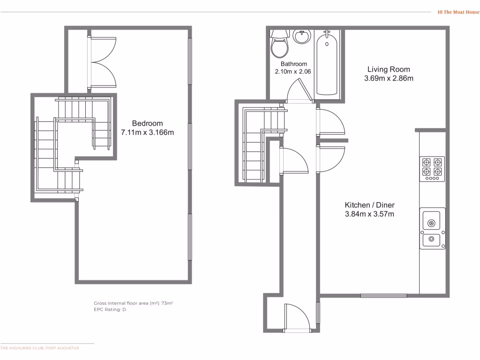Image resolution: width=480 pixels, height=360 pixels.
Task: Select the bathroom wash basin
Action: [301, 36]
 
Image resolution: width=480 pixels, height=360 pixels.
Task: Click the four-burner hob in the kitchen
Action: [432, 168]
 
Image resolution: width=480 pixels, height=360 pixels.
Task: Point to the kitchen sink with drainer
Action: [432, 228]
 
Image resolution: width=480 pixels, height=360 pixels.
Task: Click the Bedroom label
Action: [147, 123]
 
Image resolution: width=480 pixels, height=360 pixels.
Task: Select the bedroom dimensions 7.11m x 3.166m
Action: [147, 133]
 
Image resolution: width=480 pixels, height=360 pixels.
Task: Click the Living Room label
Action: [389, 69]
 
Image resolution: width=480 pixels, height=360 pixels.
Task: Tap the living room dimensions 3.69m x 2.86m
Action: [389, 79]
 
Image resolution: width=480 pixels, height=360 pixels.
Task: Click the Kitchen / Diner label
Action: [369, 205]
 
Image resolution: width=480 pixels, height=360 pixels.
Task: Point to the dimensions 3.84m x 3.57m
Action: [369, 214]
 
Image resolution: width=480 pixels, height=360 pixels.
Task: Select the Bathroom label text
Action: [294, 64]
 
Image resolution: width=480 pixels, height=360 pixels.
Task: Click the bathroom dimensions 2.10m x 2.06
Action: [293, 72]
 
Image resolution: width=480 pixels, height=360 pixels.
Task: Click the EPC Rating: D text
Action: [110, 310]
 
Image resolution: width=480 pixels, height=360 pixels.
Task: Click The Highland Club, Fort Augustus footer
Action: [40, 348]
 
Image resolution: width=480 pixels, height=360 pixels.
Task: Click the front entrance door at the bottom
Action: [297, 319]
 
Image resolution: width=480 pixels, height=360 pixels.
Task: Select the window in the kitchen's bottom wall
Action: [383, 295]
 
